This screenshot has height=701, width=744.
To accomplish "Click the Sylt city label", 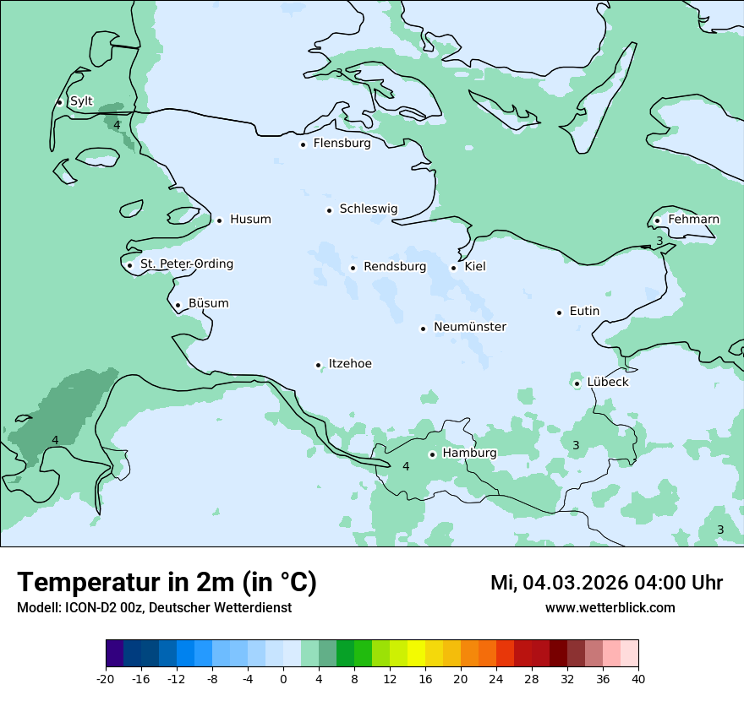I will pos(81,101).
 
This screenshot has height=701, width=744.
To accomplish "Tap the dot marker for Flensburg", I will pos(303,144).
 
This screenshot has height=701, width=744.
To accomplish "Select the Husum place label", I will pos(250,220).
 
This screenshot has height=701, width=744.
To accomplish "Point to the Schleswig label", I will pos(368,209).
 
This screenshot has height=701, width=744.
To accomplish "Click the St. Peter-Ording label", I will pos(186,264).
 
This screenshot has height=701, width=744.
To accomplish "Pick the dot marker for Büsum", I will pos(178,305).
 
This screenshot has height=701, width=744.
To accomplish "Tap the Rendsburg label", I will pos(394,267).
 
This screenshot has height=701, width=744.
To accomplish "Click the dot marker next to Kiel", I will pos(453,268).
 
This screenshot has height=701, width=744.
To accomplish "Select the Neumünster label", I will pos(469,327).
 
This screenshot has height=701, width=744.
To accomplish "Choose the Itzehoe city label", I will pos(349,364).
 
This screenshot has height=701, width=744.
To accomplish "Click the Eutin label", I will pos(584,312).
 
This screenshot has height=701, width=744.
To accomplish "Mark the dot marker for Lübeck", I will pos(577,383).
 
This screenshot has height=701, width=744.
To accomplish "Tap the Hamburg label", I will pos(469,453).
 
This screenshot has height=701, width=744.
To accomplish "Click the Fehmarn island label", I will pos(693,220).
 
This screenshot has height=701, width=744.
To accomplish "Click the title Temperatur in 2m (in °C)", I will pos(167,582).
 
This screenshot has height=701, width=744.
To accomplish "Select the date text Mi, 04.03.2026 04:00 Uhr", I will pos(606,583).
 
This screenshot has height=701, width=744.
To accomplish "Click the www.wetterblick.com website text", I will pos(610,608).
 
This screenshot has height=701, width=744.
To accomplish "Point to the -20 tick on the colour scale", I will pos(106,678).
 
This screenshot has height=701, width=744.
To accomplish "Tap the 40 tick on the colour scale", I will pos(637,678).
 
